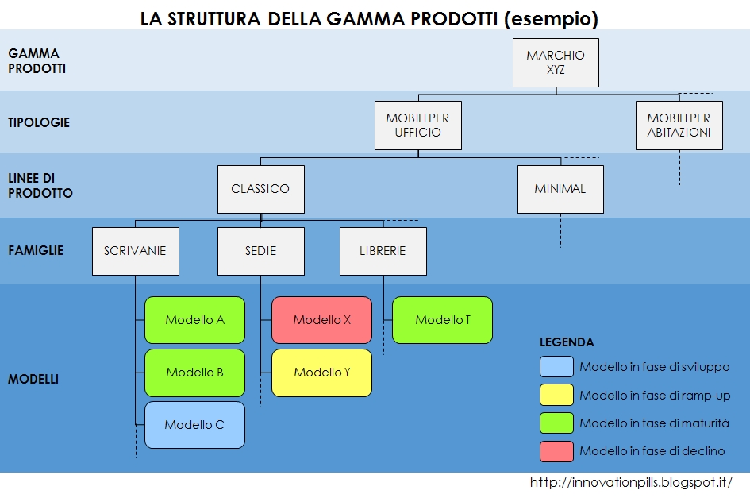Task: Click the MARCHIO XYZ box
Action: tap(555, 63)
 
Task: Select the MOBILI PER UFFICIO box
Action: tap(417, 125)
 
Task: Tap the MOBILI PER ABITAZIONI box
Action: tap(679, 125)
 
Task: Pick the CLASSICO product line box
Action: tap(260, 189)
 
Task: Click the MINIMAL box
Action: tap(560, 189)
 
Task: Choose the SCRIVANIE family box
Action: tap(135, 251)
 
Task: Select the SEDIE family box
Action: tap(260, 251)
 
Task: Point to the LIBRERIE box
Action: tap(383, 251)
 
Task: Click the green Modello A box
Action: tap(194, 320)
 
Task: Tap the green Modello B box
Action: tap(194, 373)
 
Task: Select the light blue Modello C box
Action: tap(194, 425)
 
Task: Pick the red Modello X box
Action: tap(321, 320)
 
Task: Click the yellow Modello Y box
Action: tap(321, 373)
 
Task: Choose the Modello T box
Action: tap(442, 320)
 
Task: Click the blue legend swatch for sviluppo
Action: tap(556, 367)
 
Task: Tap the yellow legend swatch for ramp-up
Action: tap(556, 395)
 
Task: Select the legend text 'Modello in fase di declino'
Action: tap(652, 451)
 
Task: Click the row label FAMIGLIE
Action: tap(36, 250)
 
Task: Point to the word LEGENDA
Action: tap(567, 342)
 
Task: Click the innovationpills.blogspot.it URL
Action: tap(630, 483)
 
